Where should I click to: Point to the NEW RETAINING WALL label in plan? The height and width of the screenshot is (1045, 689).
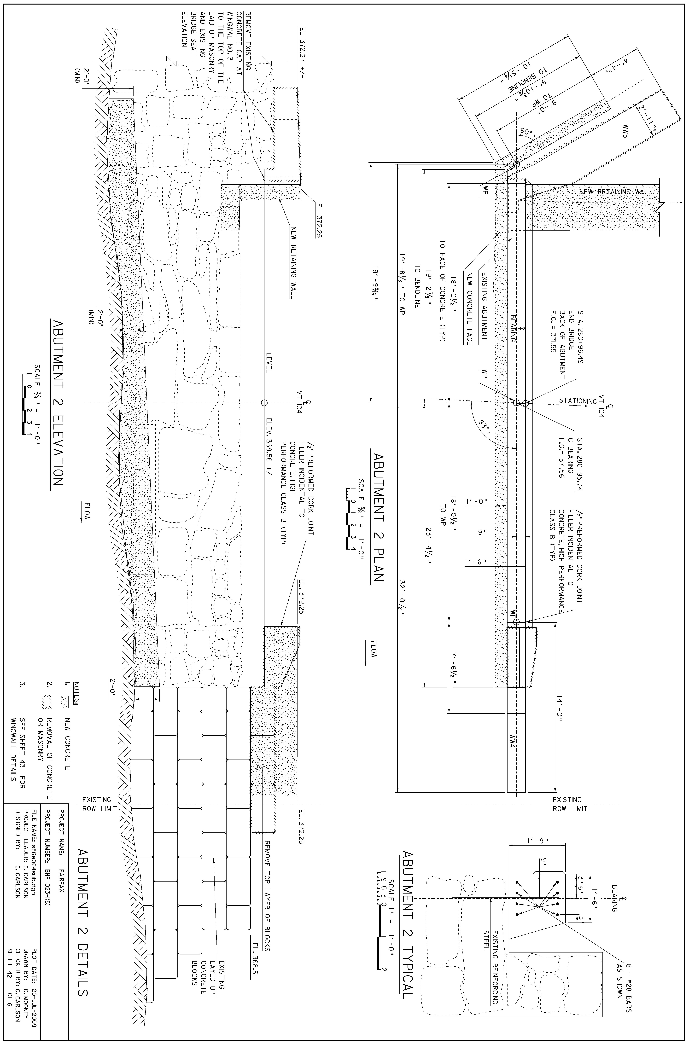coord(614,192)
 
